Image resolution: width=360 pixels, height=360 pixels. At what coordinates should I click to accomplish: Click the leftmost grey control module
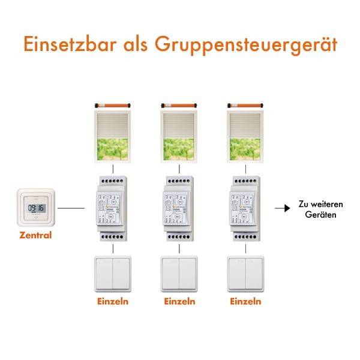(112, 208)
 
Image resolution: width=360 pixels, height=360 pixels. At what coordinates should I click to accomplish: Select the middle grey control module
(179, 208)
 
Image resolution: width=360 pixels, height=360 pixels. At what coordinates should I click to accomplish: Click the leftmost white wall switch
(112, 274)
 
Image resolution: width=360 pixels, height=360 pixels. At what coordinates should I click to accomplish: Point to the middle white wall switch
(179, 274)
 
